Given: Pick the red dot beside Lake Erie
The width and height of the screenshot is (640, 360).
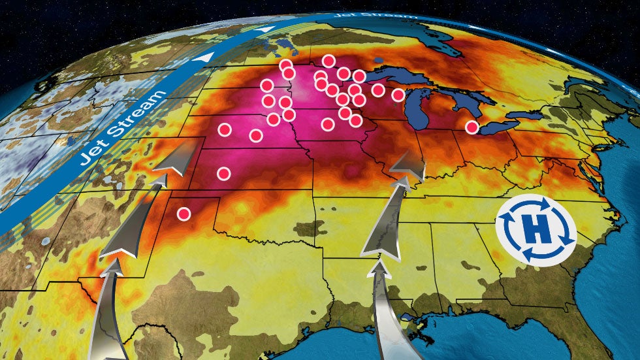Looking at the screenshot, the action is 472,127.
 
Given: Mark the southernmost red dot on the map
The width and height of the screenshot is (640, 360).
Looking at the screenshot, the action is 184,214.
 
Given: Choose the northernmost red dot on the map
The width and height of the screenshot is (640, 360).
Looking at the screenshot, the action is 328,61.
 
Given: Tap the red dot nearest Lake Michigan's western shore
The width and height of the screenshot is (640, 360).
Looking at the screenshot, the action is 398,95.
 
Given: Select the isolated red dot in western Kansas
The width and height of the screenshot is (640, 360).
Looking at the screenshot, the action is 224,174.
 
